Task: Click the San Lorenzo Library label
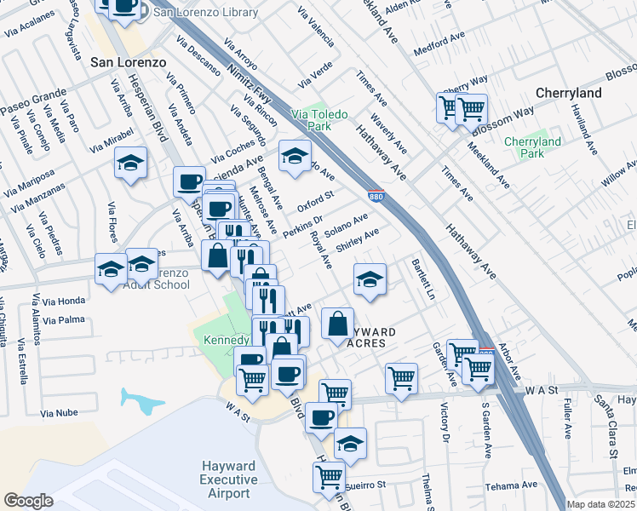205,12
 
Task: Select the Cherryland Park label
532,147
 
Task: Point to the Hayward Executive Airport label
229,479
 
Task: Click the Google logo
28,501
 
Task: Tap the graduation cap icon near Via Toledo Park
295,157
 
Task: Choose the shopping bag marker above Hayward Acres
338,324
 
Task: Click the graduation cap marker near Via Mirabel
131,164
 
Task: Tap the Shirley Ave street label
357,239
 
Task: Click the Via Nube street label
58,413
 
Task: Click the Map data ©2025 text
600,503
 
